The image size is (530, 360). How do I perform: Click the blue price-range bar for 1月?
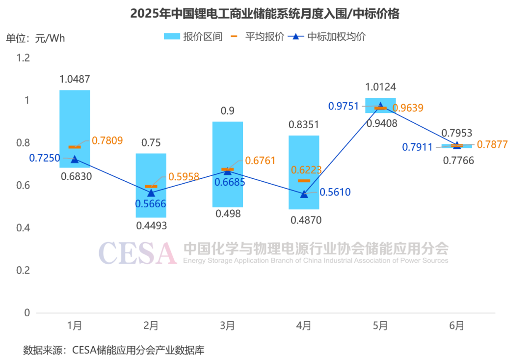coord(75,118)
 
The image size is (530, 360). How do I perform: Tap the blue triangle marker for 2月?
coord(151,193)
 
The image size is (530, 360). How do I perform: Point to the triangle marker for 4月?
coord(304,194)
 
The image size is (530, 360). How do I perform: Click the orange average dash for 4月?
coord(304,181)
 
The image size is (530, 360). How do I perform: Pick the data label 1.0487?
coord(75,80)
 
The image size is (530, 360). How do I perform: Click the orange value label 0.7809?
coord(107,141)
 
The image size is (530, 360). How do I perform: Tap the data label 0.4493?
coord(151,226)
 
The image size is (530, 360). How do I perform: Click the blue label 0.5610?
coord(335,192)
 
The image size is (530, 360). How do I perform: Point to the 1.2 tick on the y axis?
coord(24,58)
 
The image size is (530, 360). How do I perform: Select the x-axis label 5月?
coord(380,326)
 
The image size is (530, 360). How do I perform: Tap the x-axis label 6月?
coord(457,326)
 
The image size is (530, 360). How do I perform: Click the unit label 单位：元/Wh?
coord(35,38)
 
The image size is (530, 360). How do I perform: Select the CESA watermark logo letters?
coord(137,253)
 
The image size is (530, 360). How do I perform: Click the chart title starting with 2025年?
coord(265,14)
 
